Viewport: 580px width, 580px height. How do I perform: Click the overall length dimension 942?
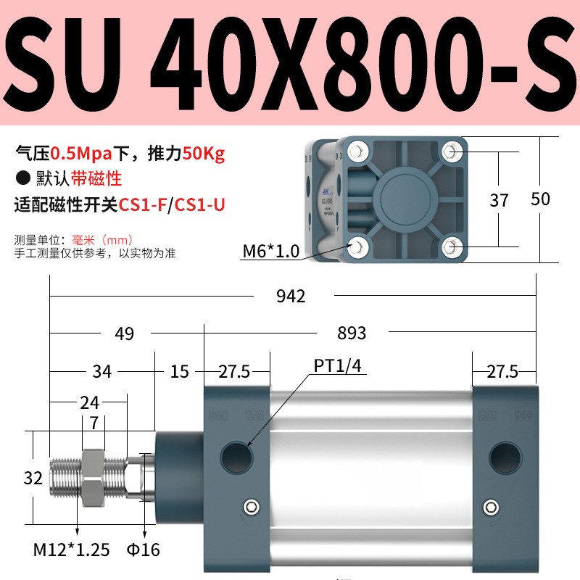coord(291,296)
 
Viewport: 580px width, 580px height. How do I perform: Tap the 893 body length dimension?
coord(352,333)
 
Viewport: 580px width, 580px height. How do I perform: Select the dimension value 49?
coord(125,333)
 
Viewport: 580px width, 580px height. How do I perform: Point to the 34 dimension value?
coord(102,371)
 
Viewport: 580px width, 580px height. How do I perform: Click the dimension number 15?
coord(180,371)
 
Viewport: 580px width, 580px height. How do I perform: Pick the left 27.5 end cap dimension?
coord(234,372)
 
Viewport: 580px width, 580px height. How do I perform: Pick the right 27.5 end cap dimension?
coord(502,372)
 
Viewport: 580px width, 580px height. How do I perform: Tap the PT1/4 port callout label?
coord(337,365)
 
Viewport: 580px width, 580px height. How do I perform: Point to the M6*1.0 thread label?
coord(270,252)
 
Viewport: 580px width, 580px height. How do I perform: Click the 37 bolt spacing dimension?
coord(499,200)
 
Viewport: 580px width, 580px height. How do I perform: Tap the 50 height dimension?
coord(540,199)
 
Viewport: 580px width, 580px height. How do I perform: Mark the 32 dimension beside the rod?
coord(33,478)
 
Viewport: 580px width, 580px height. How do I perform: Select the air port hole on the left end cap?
coord(236,455)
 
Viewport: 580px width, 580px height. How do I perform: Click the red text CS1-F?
coord(142,205)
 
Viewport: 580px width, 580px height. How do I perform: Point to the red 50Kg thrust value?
coord(204,154)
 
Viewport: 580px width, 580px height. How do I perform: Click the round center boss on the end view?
coord(403,198)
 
